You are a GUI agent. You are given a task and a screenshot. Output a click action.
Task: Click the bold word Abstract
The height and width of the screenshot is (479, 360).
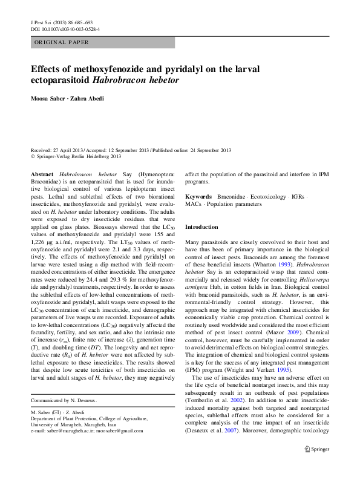tap(42, 173)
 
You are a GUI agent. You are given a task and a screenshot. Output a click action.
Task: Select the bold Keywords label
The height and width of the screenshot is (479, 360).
tap(198, 197)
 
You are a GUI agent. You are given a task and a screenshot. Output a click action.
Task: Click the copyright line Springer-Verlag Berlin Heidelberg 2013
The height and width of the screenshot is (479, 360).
tap(82, 155)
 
